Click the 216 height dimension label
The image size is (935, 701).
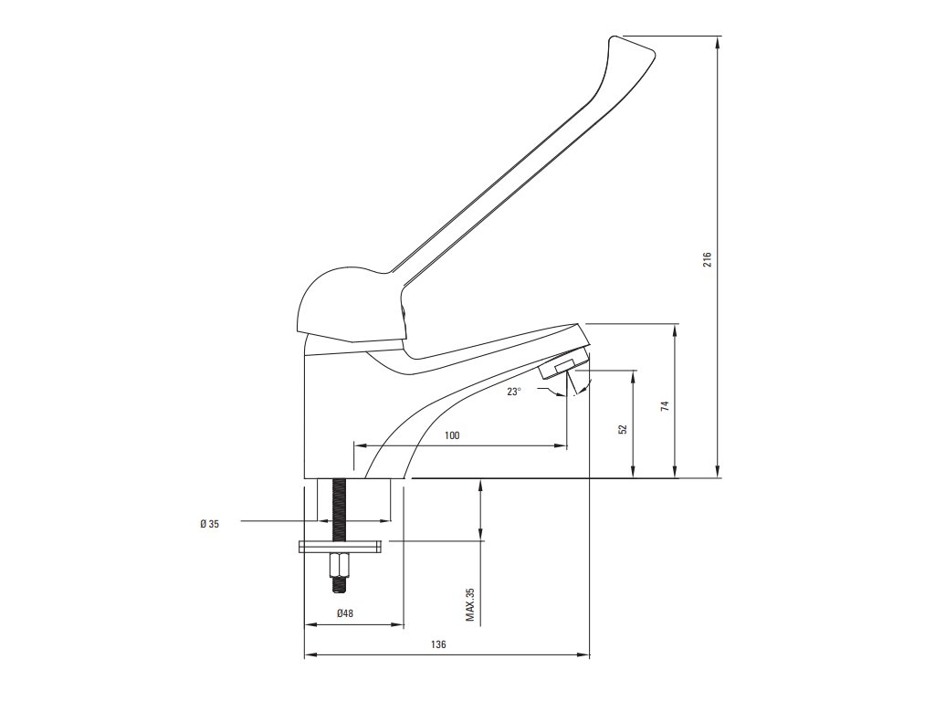point(708,259)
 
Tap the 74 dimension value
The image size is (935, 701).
point(666,405)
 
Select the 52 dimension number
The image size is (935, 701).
point(623,428)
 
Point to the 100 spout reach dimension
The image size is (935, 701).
point(452,435)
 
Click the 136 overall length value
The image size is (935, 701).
point(438,644)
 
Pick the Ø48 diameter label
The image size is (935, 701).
point(345,614)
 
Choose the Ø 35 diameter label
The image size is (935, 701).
point(209,523)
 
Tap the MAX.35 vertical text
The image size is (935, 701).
point(470,604)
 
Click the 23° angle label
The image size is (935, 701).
point(515,392)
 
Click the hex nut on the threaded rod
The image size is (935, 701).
point(339,567)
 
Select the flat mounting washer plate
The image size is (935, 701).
point(339,547)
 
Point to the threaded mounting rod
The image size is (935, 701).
point(339,511)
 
